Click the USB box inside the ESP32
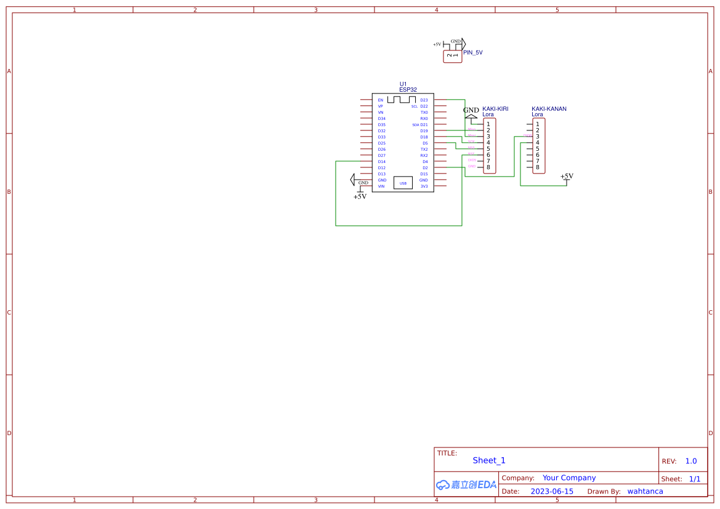coord(403,183)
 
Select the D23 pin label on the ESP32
coord(424,100)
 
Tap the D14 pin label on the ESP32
coord(382,162)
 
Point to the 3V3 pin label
coord(424,186)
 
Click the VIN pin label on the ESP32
coord(381,186)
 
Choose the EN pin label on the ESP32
coord(381,100)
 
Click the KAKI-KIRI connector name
coord(495,109)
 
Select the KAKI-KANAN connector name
coord(549,109)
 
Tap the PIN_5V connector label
coord(473,53)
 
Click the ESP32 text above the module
coord(408,90)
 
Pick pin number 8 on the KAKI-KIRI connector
coord(488,167)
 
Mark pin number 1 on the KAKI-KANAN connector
coord(538,124)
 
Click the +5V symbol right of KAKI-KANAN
coord(567,177)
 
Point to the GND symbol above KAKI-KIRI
coord(471,111)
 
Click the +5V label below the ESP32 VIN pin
coord(360,197)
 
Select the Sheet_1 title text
coord(489,460)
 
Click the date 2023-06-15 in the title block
coord(552,491)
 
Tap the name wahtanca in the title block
coord(645,491)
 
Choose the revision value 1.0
coord(691,461)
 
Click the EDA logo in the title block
coord(466,484)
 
